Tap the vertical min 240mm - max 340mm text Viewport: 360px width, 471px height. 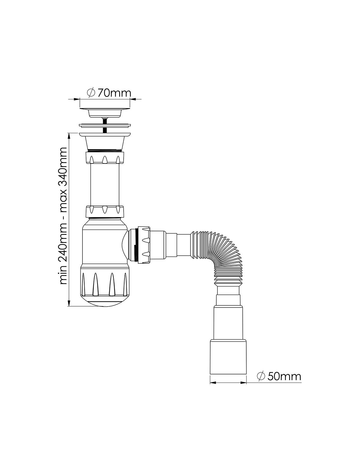64,216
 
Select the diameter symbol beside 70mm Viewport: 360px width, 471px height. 91,93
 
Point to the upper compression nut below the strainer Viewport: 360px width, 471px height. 105,158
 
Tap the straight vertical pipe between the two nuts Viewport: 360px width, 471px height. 105,185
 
